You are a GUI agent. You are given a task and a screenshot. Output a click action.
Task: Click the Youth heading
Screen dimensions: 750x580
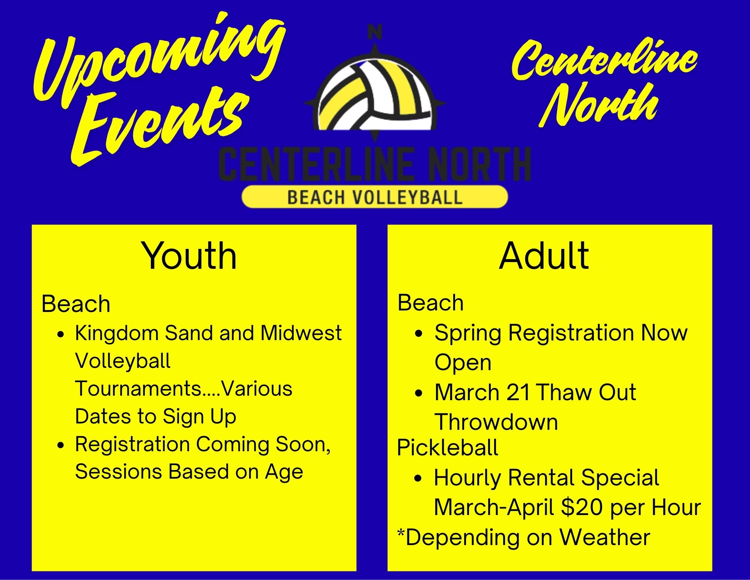pyautogui.click(x=189, y=256)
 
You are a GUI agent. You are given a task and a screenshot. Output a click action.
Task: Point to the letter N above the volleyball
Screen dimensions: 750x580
pyautogui.click(x=374, y=32)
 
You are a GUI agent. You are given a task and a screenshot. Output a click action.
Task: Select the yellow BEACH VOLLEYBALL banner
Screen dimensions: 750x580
pyautogui.click(x=374, y=197)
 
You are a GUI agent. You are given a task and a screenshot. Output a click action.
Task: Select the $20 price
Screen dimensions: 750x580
pyautogui.click(x=583, y=507)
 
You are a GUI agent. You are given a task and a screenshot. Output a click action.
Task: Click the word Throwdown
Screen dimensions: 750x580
pyautogui.click(x=496, y=422)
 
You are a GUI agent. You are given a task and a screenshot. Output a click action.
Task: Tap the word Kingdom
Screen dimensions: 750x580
pyautogui.click(x=117, y=333)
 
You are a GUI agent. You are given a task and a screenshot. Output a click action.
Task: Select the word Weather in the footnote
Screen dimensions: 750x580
pyautogui.click(x=605, y=537)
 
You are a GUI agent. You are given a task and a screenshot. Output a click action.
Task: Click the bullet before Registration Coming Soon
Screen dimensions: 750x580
pyautogui.click(x=61, y=446)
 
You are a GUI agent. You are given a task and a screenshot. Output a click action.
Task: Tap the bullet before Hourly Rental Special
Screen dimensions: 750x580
pyautogui.click(x=419, y=479)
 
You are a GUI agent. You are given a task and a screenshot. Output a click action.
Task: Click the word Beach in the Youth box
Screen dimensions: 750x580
pyautogui.click(x=76, y=304)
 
